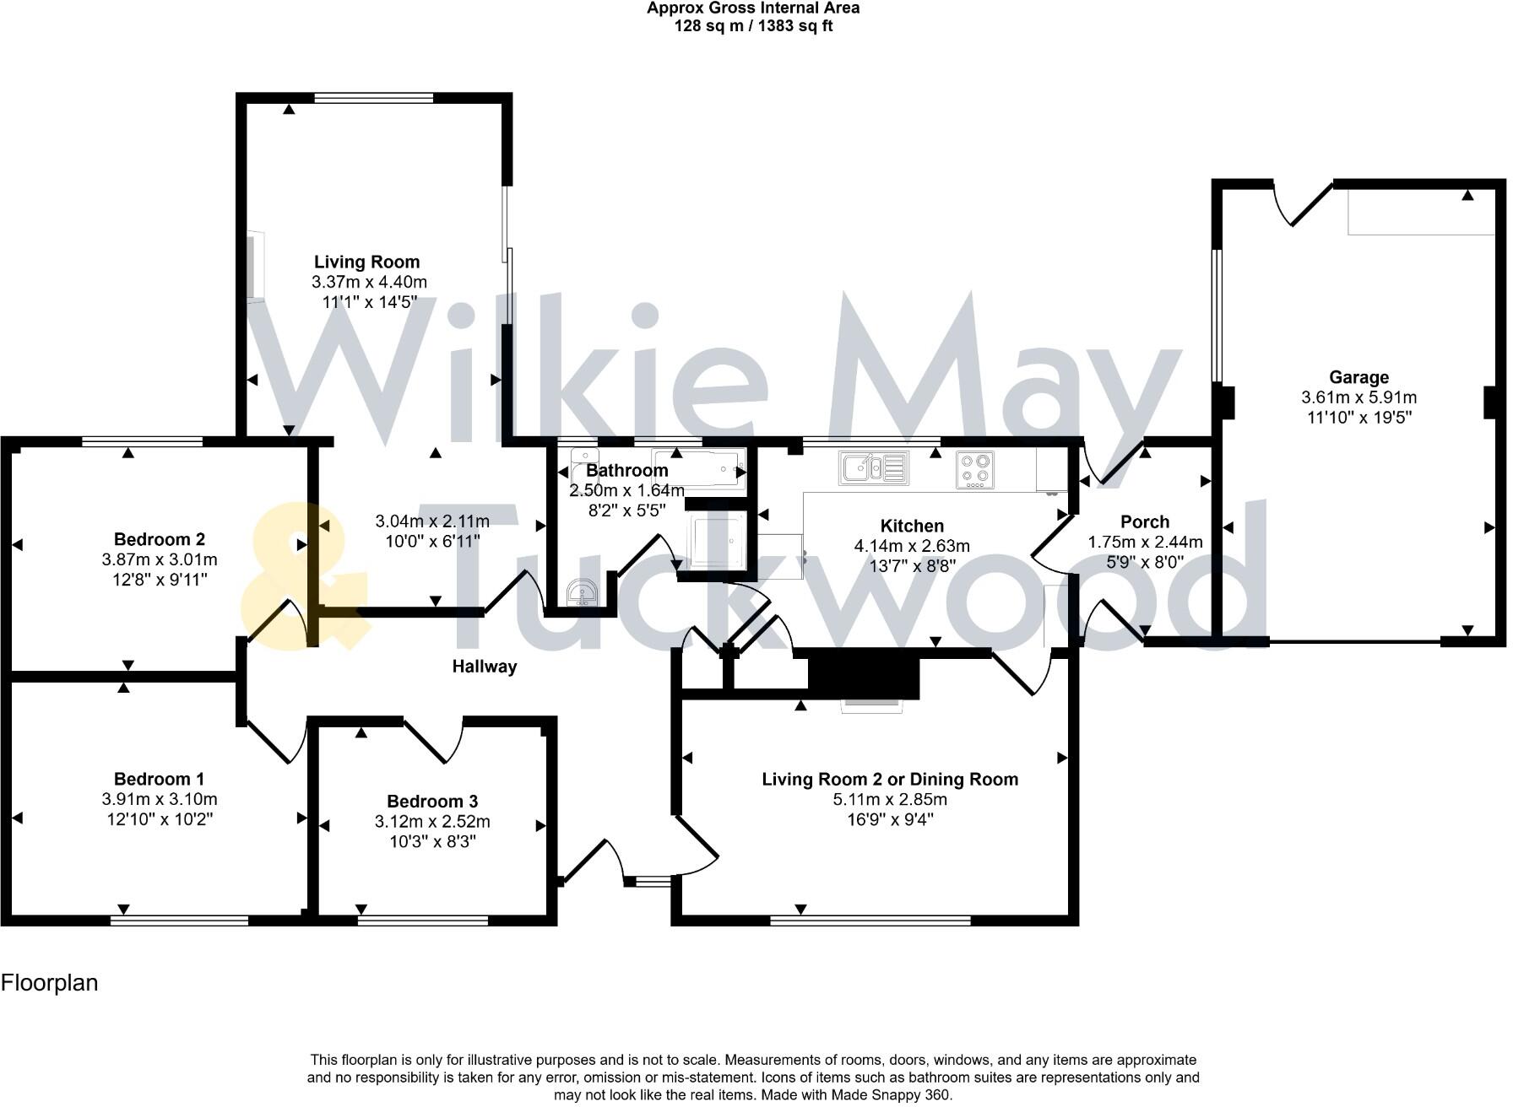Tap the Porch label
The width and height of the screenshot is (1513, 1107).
click(1145, 521)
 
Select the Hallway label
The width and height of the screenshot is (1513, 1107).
click(484, 667)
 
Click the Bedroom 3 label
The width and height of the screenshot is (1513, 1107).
click(432, 802)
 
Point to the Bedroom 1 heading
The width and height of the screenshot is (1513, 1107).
click(159, 779)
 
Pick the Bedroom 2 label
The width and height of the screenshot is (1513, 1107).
click(159, 539)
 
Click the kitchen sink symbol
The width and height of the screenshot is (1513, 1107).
click(873, 467)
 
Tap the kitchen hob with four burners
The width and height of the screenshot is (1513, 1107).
click(975, 469)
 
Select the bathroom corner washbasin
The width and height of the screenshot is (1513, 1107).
click(582, 593)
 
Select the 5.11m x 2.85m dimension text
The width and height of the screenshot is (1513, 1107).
click(890, 799)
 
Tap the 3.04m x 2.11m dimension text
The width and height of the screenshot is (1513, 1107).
click(432, 521)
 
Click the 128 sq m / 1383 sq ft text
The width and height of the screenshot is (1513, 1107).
click(753, 26)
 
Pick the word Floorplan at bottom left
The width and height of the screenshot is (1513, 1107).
click(50, 983)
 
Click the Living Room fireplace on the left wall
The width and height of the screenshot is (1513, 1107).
click(255, 266)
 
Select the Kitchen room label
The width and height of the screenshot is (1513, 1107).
click(912, 526)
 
